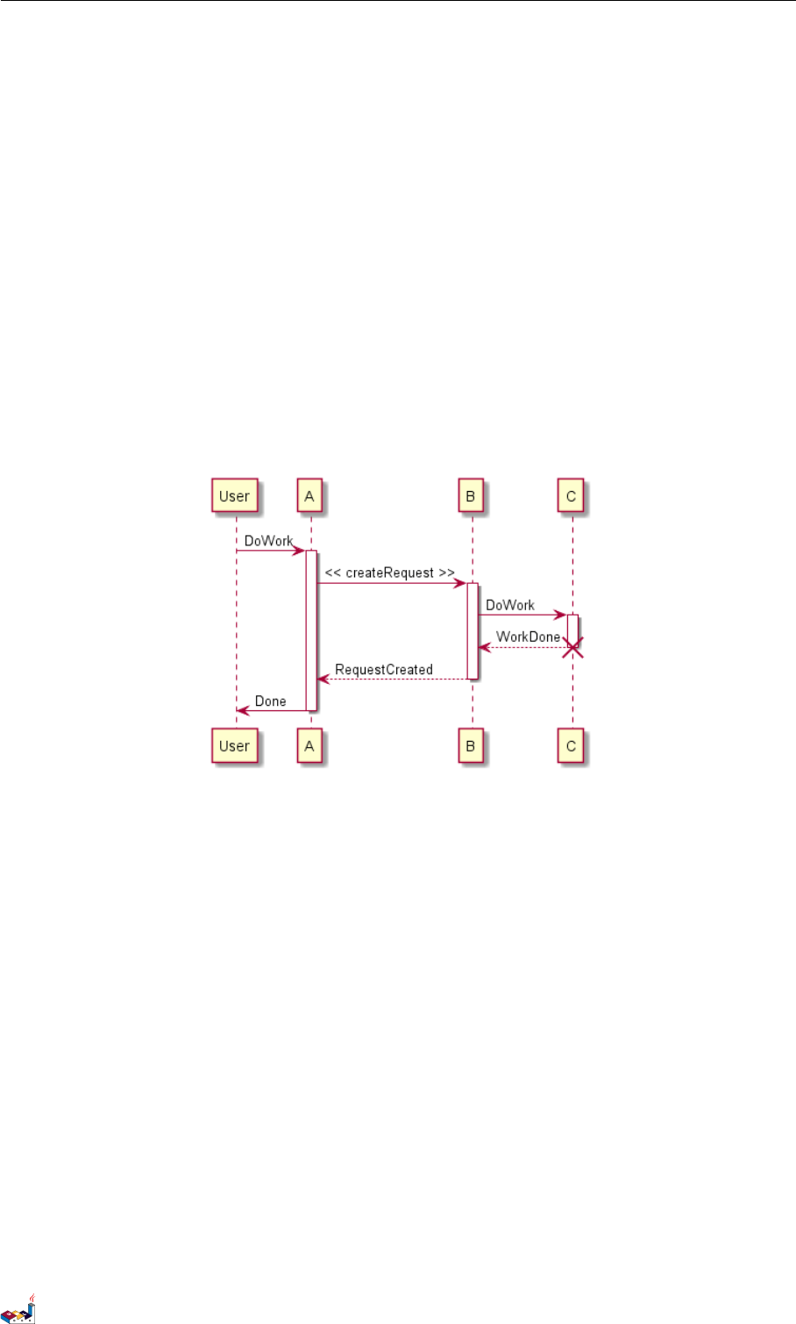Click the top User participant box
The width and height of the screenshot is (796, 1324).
(x=234, y=496)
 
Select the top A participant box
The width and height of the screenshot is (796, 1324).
(x=309, y=496)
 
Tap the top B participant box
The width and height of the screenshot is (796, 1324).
(x=471, y=496)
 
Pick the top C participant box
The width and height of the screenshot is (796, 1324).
(x=571, y=496)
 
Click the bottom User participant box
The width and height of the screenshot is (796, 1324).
(x=234, y=746)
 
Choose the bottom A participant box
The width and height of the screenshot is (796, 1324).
(x=309, y=746)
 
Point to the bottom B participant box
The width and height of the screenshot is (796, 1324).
(x=471, y=746)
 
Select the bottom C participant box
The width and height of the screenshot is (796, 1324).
(x=571, y=746)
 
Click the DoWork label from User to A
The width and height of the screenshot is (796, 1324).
(x=268, y=541)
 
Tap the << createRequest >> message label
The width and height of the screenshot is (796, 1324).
(x=390, y=573)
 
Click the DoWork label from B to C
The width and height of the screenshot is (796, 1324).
(x=510, y=605)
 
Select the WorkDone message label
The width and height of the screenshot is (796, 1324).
(x=528, y=637)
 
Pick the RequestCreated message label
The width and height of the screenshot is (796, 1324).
(x=384, y=669)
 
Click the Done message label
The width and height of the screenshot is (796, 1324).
(x=271, y=701)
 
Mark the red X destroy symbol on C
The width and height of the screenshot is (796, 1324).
(x=572, y=648)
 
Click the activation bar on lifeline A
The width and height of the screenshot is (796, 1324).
(x=310, y=631)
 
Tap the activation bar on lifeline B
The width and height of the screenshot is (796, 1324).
(x=472, y=631)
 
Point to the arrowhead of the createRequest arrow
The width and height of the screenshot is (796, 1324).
(x=460, y=583)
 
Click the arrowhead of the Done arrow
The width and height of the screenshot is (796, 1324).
(x=243, y=710)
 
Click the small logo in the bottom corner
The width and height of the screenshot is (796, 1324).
(x=18, y=1309)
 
